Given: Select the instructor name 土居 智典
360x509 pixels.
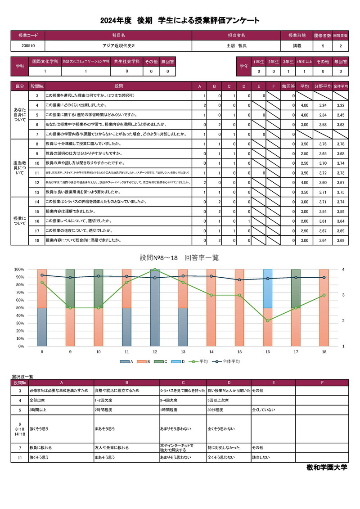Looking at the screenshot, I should pos(236,45).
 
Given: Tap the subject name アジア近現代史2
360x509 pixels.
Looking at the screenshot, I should pos(118,45).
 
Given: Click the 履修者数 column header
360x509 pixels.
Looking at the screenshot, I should pos(322,35).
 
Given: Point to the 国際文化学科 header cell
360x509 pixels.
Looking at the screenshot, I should pos(45,61).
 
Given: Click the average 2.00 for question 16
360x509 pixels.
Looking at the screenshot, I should pos(304,221).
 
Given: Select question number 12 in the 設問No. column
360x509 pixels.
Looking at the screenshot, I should pos(36,182).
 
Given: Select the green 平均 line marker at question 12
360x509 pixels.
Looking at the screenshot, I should pos(155,270).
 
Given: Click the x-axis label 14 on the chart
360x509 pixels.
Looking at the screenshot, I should pos(211,351).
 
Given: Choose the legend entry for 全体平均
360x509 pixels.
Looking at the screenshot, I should pos(229,361).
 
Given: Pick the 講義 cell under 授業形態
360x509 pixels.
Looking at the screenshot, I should pos(297,45).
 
